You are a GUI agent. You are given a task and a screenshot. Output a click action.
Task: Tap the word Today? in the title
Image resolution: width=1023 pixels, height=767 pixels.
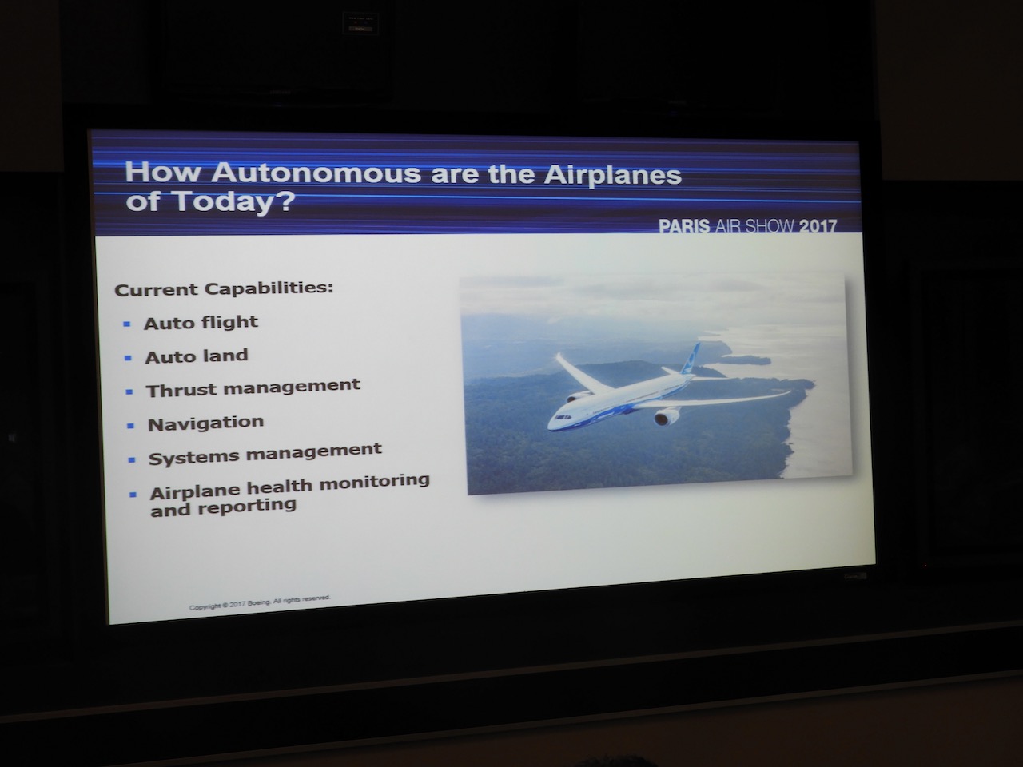point(235,201)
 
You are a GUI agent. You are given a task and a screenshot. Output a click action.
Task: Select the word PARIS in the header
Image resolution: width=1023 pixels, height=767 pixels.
point(684,226)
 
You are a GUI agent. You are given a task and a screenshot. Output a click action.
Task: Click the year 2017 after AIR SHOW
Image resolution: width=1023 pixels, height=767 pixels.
point(818,227)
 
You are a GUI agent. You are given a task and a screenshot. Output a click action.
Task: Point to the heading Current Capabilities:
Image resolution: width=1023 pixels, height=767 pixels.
point(224,288)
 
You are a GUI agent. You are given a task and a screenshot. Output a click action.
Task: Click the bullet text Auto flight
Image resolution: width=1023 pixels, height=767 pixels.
point(201,322)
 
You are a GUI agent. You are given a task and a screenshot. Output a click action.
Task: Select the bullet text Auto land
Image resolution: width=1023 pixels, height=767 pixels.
point(197,356)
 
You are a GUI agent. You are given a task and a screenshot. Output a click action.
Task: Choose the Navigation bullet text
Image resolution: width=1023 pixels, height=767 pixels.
point(206,423)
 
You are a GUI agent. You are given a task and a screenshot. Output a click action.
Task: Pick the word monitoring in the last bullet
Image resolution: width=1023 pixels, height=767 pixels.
point(374,482)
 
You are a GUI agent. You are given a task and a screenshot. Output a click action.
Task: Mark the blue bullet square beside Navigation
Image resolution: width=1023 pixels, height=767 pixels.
point(130,426)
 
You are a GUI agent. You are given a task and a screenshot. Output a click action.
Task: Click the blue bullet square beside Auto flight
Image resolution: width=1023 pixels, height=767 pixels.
point(127,324)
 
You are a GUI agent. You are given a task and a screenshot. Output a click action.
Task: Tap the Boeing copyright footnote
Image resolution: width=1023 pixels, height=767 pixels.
point(260,602)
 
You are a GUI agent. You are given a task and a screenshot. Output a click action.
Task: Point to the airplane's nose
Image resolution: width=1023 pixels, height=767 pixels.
point(551,424)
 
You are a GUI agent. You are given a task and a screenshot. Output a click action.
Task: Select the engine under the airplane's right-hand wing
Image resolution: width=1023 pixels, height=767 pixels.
point(667,416)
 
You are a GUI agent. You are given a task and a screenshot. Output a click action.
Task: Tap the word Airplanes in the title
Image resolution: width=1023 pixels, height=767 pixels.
point(613,175)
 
